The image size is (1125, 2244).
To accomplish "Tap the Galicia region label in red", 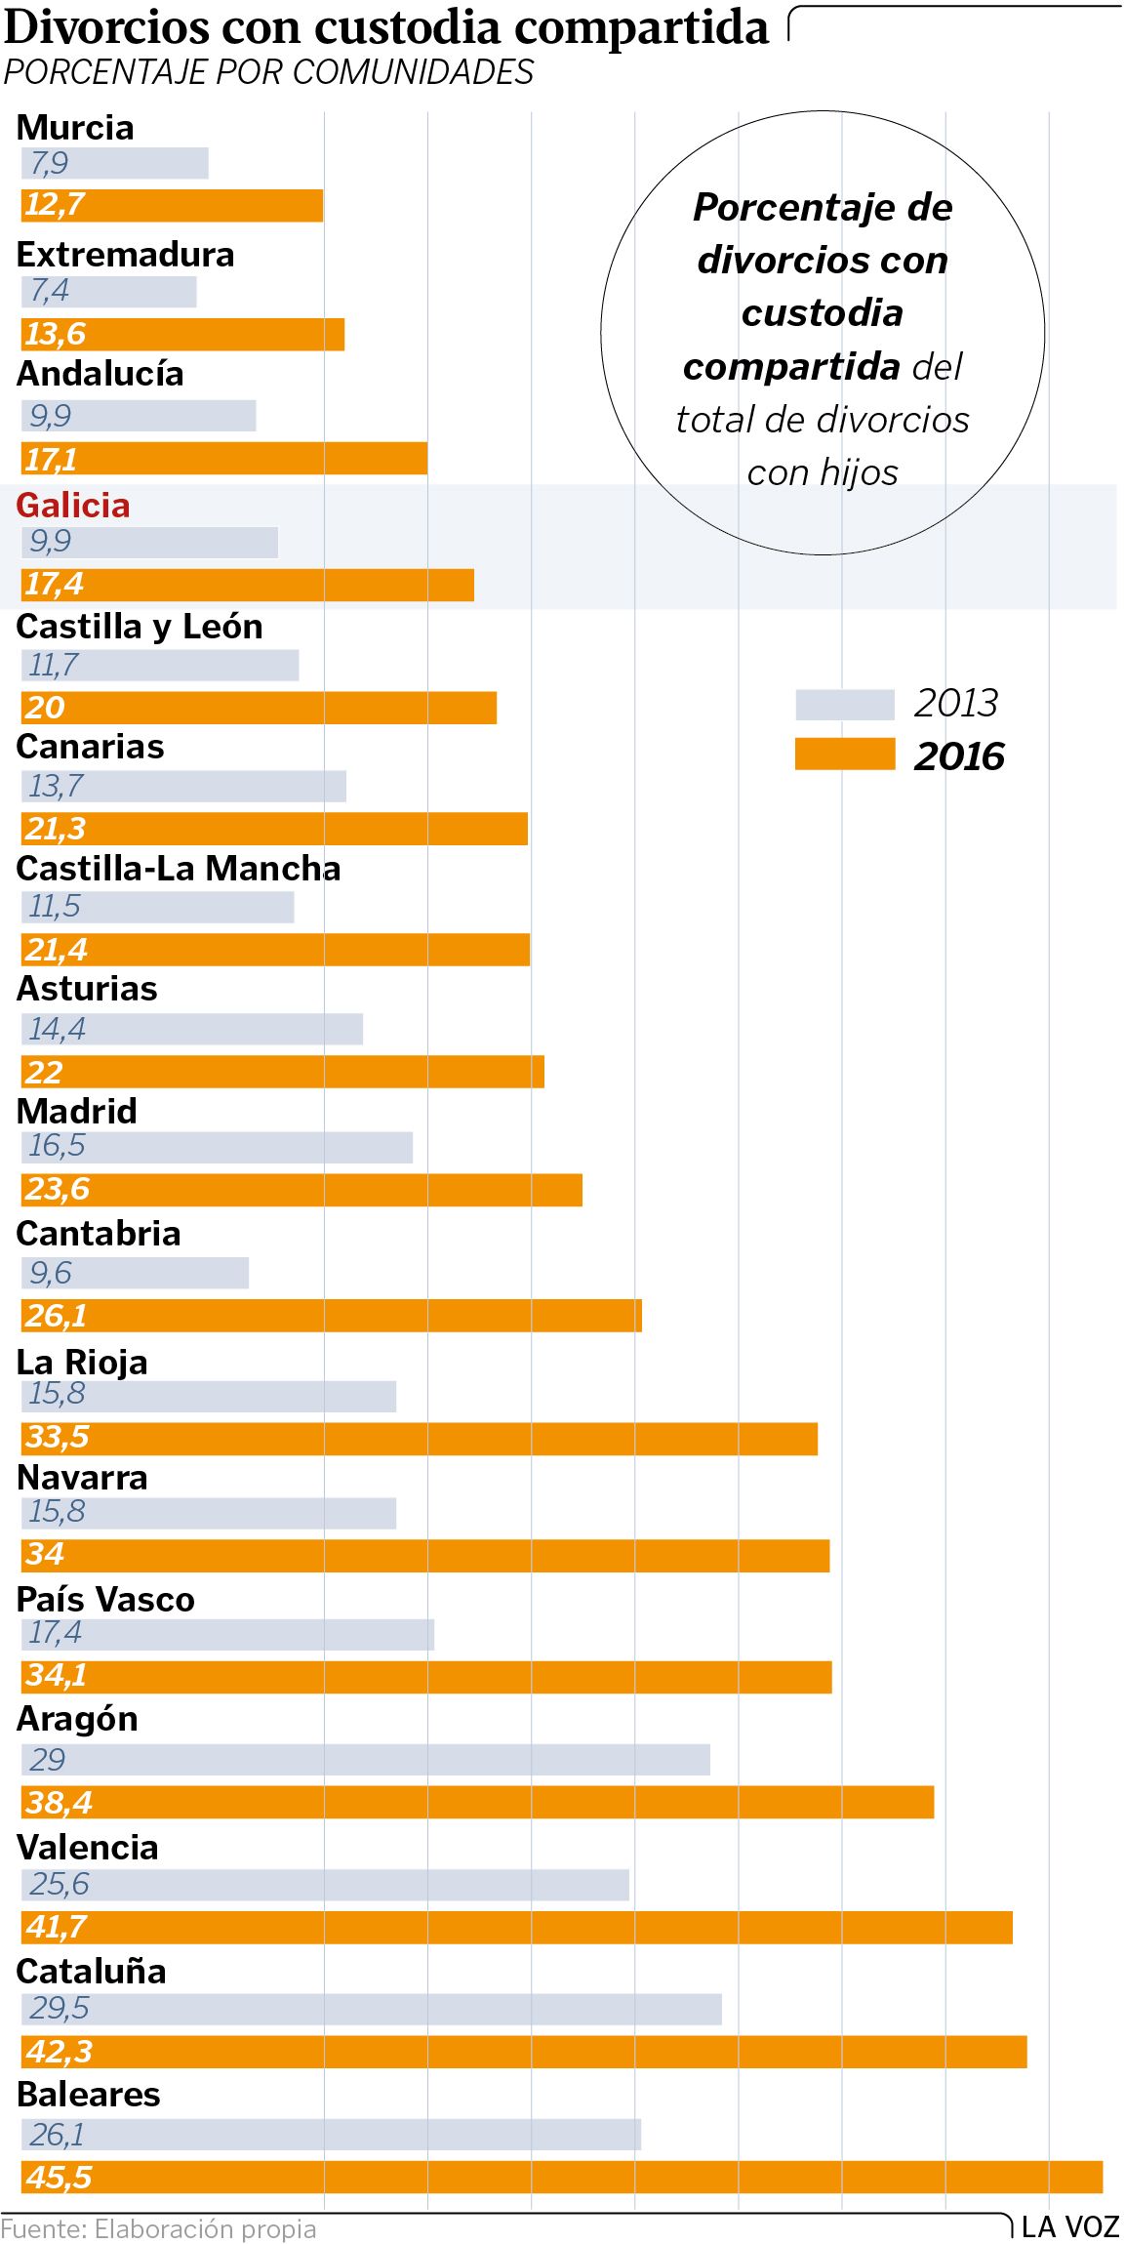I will [73, 505].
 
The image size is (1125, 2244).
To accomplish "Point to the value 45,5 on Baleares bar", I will [59, 2177].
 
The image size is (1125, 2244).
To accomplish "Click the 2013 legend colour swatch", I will [844, 704].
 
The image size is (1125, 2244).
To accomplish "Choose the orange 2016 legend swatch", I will [844, 755].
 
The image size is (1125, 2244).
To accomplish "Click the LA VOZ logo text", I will [1069, 2226].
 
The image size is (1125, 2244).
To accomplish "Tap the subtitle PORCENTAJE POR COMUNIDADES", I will [268, 72].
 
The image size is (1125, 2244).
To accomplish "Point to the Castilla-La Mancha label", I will [179, 868].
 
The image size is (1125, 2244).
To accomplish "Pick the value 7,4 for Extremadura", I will [49, 291].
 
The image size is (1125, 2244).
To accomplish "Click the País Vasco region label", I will [105, 1599].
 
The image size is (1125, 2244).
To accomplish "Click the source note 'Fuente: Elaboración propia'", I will [158, 2228].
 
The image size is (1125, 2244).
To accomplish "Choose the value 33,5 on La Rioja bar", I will [57, 1437].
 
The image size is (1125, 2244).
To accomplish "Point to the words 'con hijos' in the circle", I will [823, 472].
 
